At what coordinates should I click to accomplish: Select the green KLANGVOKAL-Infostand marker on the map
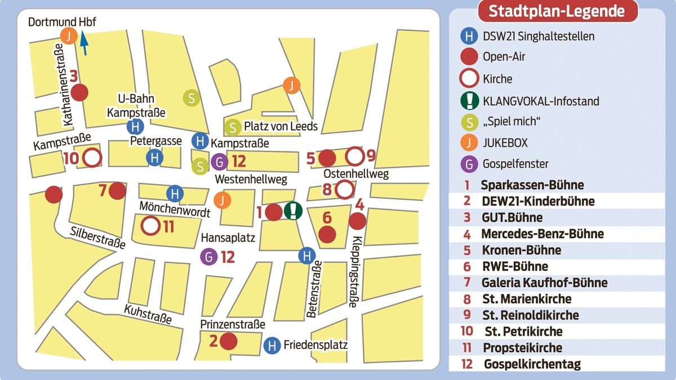(293, 211)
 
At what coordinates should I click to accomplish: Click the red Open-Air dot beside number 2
(228, 341)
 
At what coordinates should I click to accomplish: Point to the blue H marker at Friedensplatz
(272, 345)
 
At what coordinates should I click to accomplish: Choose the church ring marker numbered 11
(150, 226)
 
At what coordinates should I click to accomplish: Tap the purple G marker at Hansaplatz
(209, 257)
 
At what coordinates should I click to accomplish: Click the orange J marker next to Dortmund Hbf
(68, 37)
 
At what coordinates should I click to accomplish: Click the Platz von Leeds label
(281, 126)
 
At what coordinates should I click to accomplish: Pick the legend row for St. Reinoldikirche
(530, 315)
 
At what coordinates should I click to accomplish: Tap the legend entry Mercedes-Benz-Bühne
(542, 234)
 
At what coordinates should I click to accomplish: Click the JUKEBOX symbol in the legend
(468, 143)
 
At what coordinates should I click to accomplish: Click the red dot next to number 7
(117, 191)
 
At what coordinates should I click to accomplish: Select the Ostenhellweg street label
(355, 175)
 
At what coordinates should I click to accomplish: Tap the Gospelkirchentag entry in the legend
(532, 364)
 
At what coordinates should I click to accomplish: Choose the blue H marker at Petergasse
(154, 158)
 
